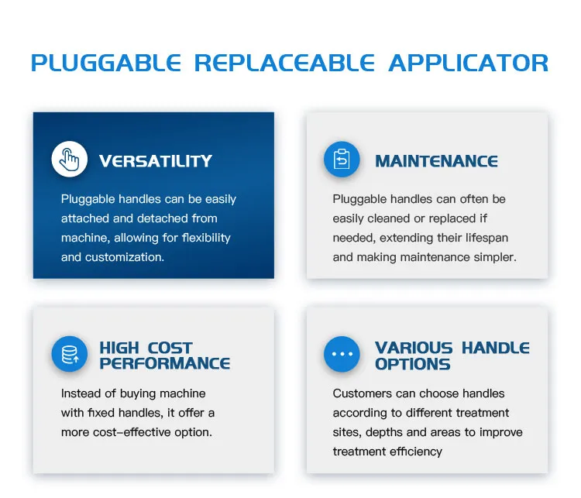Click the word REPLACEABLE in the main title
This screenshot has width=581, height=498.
(x=284, y=64)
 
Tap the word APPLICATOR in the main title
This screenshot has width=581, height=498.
(x=469, y=64)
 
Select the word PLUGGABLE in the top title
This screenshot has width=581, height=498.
(x=105, y=64)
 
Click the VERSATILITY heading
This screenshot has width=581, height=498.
(x=156, y=161)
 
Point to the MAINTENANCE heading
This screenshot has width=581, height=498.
(x=436, y=161)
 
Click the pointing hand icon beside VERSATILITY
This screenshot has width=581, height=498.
(x=70, y=160)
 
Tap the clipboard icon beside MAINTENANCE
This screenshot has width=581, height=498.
(x=342, y=160)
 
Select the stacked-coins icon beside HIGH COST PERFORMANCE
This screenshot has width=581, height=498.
(x=70, y=355)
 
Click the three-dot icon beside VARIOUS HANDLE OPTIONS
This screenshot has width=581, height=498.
(x=342, y=355)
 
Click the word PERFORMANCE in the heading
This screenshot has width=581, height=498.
(x=165, y=363)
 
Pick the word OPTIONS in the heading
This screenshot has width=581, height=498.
(x=412, y=363)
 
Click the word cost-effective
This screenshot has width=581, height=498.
(x=149, y=432)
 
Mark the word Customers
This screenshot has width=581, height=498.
(x=362, y=393)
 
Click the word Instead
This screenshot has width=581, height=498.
(x=81, y=393)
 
